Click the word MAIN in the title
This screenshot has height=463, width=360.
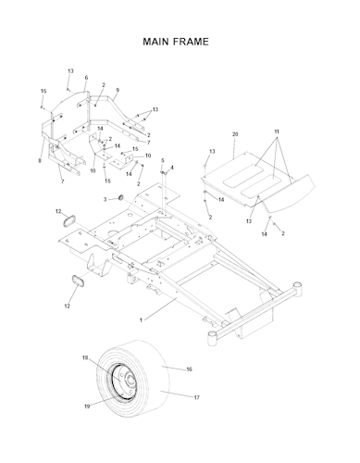click(155, 42)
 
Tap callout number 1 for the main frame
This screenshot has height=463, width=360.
click(141, 320)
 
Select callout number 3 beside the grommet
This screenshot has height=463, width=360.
click(105, 200)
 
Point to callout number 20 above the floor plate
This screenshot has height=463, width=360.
click(235, 134)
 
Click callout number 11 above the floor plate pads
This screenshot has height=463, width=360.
click(277, 131)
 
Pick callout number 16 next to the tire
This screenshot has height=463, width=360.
click(189, 369)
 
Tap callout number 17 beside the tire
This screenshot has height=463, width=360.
click(196, 397)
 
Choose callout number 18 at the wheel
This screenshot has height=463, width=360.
click(85, 357)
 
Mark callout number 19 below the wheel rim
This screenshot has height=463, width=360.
click(87, 407)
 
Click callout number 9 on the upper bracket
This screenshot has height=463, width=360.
click(118, 90)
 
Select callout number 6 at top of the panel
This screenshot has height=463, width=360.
click(86, 78)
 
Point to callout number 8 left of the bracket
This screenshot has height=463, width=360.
click(40, 160)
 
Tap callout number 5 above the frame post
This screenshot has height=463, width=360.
click(163, 160)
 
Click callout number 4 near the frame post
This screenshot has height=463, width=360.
click(172, 168)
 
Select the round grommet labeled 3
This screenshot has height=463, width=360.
click(121, 197)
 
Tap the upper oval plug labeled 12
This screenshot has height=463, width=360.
click(68, 221)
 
